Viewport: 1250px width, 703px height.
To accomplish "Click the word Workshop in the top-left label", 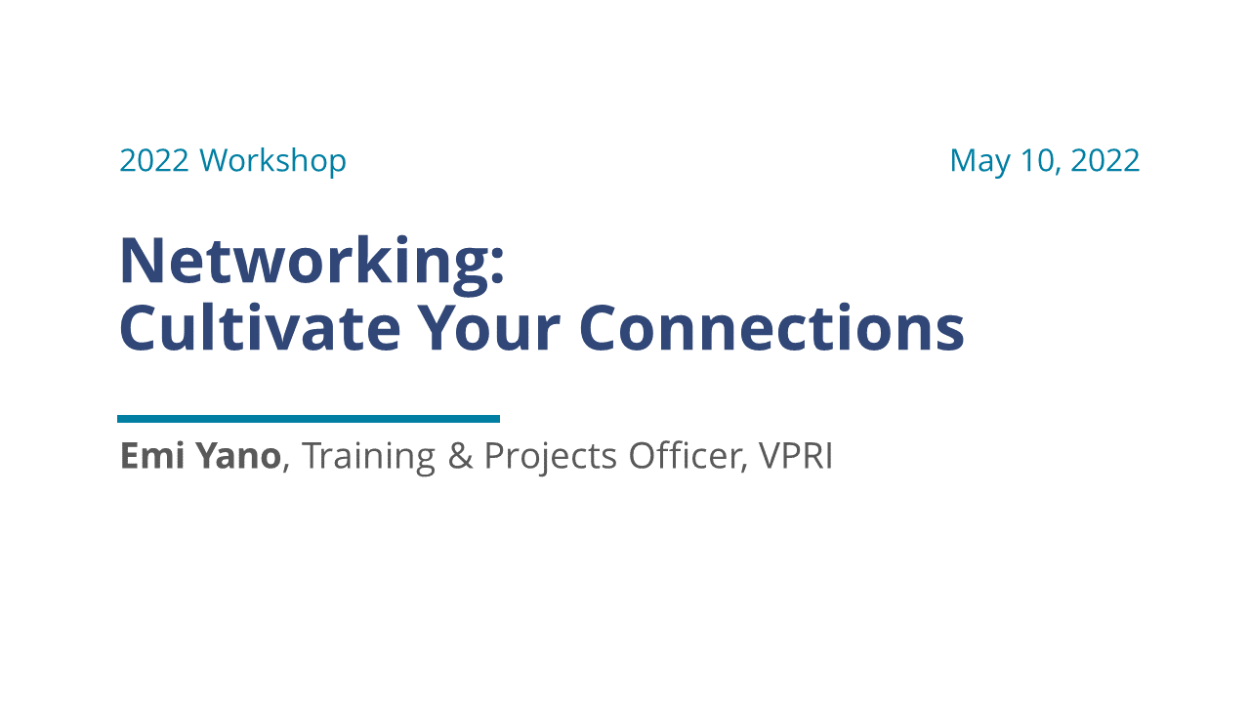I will point(272,160).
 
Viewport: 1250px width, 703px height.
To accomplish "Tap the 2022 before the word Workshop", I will point(154,160).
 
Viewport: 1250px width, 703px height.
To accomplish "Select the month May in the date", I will point(979,161).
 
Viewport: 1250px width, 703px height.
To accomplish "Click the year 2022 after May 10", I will point(1104,160).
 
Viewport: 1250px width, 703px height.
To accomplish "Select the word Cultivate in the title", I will point(259,328).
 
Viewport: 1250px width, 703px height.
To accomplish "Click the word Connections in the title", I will point(771,328).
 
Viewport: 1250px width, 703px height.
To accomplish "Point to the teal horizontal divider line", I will point(309,419).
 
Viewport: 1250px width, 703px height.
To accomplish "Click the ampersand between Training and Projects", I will point(459,456).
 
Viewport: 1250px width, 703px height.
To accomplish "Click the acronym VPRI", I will point(795,456).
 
